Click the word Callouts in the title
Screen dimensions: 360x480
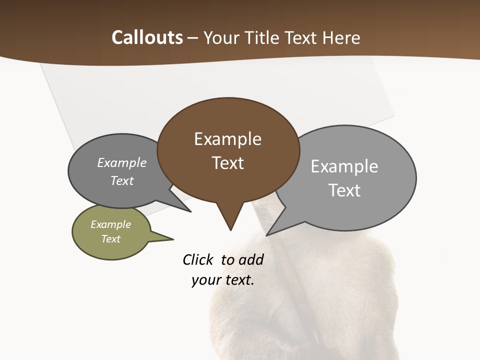pyautogui.click(x=147, y=37)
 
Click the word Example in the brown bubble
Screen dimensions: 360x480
pyautogui.click(x=227, y=139)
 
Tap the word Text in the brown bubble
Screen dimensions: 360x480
pyautogui.click(x=227, y=163)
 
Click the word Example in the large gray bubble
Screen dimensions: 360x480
pyautogui.click(x=344, y=166)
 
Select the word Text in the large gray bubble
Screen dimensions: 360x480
pyautogui.click(x=344, y=190)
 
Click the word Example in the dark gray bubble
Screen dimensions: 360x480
pyautogui.click(x=122, y=163)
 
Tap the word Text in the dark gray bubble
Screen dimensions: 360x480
pyautogui.click(x=122, y=181)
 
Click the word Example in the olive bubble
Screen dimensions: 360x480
pyautogui.click(x=111, y=225)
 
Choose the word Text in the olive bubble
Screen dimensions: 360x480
pyautogui.click(x=111, y=239)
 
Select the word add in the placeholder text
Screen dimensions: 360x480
pyautogui.click(x=251, y=259)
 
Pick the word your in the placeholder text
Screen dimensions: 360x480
pyautogui.click(x=205, y=280)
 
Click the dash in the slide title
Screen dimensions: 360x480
pyautogui.click(x=193, y=38)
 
